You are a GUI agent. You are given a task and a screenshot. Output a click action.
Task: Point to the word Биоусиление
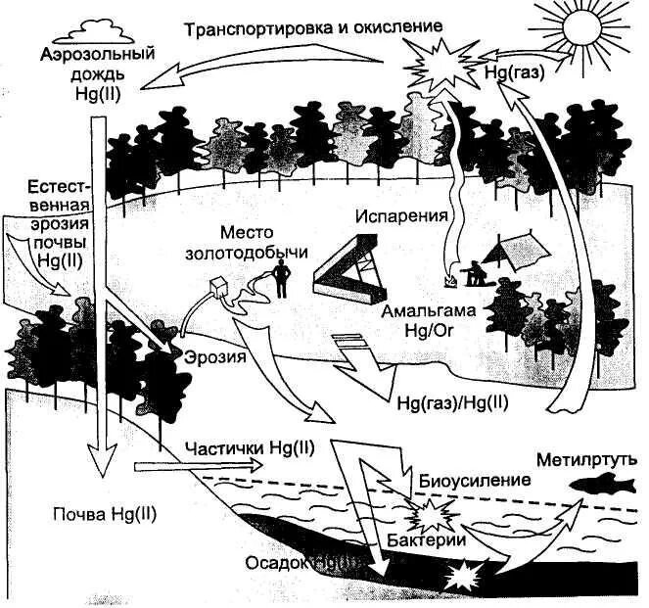point(475,480)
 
